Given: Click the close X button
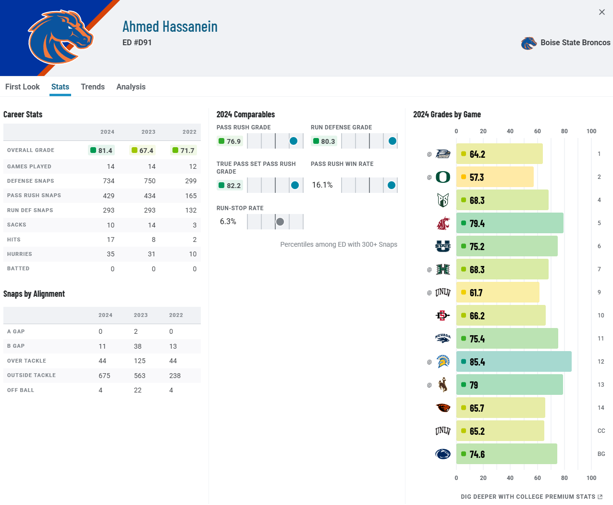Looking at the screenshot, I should [x=602, y=12].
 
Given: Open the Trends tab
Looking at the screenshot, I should [x=93, y=87].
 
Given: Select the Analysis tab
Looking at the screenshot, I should [x=131, y=87].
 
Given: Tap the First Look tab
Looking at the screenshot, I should [x=23, y=87].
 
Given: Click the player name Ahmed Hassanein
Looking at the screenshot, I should [x=170, y=26].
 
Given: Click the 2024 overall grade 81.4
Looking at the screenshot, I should [x=101, y=151].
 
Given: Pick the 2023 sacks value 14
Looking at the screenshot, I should [x=152, y=225].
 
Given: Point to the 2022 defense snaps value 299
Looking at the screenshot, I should [x=191, y=181].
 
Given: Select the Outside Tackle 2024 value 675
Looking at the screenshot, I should [x=104, y=376].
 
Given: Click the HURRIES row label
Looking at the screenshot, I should [x=20, y=254].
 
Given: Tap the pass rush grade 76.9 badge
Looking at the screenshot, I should [x=230, y=141].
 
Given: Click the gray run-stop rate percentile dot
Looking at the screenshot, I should [x=280, y=222].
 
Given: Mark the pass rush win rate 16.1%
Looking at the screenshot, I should [x=322, y=185].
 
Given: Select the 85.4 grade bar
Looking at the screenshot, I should [x=514, y=362].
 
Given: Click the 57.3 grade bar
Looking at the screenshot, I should [x=495, y=177].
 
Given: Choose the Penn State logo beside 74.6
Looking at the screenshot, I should [x=443, y=454].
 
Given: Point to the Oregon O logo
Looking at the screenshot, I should [x=443, y=177].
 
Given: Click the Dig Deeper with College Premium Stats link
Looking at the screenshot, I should [x=531, y=497].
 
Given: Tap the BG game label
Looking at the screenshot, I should [x=601, y=454].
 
